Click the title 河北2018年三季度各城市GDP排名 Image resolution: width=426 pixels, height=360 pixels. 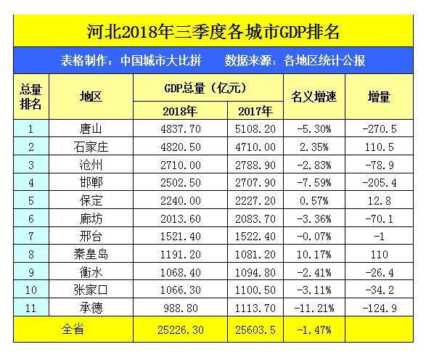[x=213, y=32]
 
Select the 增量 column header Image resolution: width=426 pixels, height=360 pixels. [x=379, y=97]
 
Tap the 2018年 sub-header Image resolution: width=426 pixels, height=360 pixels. [x=181, y=111]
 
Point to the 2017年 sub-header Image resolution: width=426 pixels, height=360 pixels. [x=255, y=111]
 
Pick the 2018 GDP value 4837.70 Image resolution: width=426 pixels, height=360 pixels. [x=181, y=130]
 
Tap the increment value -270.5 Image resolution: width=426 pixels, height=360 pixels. [x=379, y=130]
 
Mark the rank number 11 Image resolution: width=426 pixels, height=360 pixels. [x=30, y=307]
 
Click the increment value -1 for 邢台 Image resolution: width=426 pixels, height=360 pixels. [x=379, y=237]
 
